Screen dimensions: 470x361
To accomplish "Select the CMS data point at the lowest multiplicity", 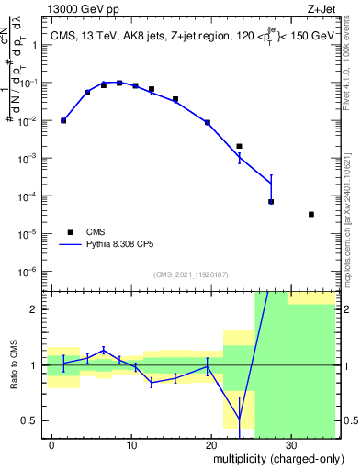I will click(x=63, y=120).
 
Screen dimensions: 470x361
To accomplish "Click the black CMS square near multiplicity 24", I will click(x=239, y=146).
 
